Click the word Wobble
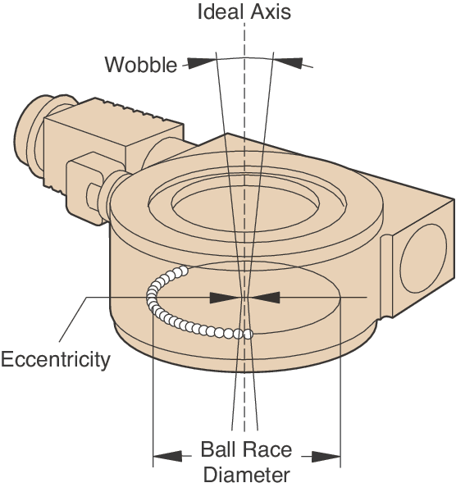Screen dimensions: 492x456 click(140, 64)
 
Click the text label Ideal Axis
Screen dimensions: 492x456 click(244, 12)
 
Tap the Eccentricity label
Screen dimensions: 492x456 click(55, 358)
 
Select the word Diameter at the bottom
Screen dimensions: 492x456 click(246, 475)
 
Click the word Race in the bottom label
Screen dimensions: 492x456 click(270, 452)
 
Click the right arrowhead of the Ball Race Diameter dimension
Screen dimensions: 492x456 click(326, 454)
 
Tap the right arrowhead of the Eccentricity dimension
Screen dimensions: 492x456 click(266, 296)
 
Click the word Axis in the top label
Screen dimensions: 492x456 click(271, 12)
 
